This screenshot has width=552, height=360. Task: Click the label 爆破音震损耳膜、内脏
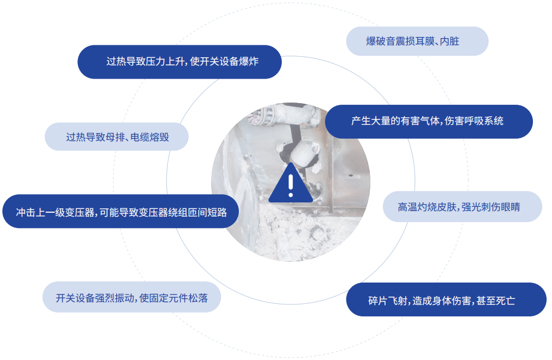tap(417, 41)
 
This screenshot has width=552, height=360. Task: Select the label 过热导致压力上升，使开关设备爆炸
tap(179, 62)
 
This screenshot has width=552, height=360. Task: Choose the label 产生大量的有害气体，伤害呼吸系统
tap(428, 121)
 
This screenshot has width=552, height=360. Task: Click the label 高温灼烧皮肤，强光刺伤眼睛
tap(462, 207)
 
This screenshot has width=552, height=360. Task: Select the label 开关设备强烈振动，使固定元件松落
tap(131, 298)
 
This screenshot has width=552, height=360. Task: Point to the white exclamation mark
tap(291, 183)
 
